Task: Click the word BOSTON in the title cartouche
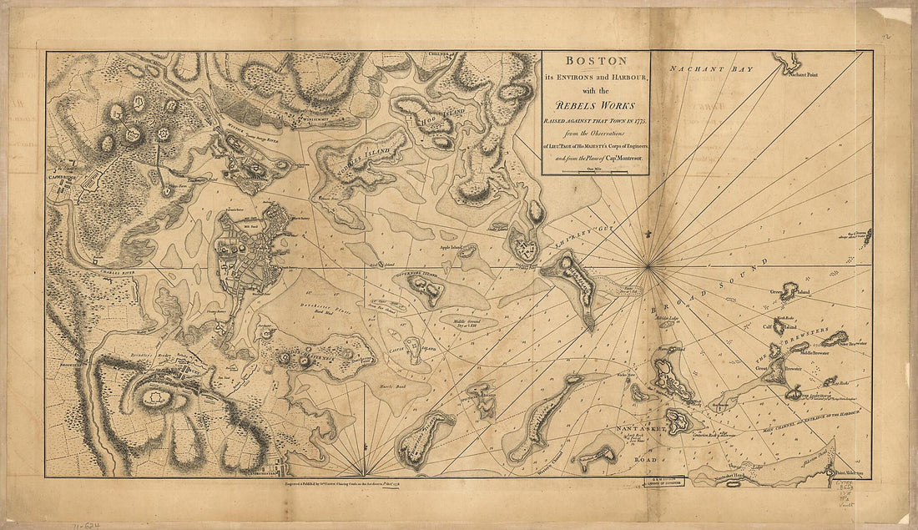(596, 62)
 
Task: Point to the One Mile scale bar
(595, 170)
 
